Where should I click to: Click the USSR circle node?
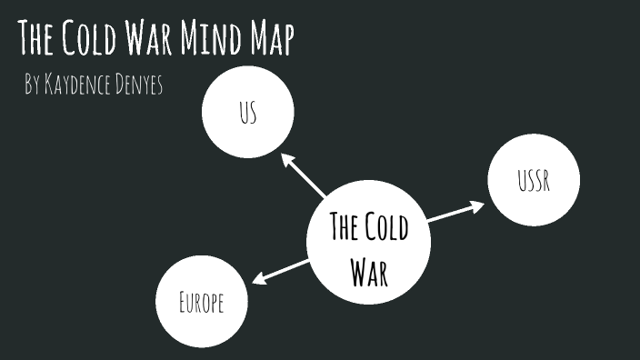(533, 183)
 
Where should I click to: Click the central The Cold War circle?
(368, 242)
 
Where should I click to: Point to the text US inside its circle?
(248, 114)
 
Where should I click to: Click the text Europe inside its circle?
(202, 303)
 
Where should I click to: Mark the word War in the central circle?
(369, 270)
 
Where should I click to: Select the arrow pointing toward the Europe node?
(281, 271)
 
